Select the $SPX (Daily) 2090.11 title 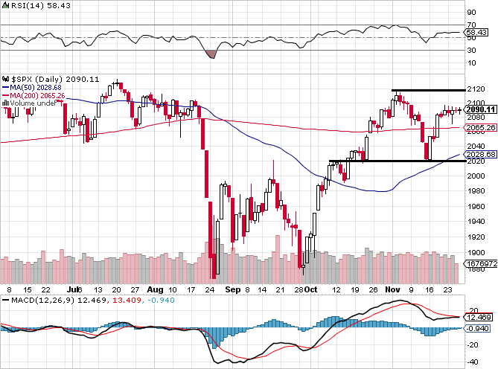click(x=51, y=78)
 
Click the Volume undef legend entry click(x=31, y=103)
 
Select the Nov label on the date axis click(x=392, y=288)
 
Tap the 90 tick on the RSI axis click(x=471, y=12)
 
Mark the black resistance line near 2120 click(x=425, y=90)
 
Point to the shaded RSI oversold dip click(x=210, y=54)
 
